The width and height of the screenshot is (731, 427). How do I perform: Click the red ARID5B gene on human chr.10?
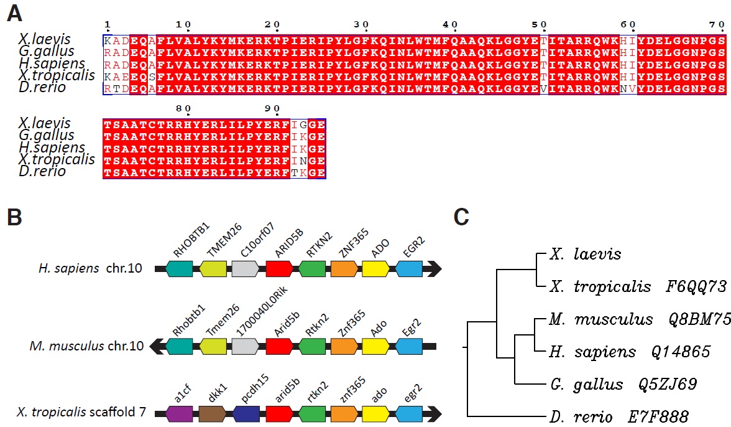coord(279,269)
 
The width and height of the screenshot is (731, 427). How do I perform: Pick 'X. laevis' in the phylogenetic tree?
coord(585,255)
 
